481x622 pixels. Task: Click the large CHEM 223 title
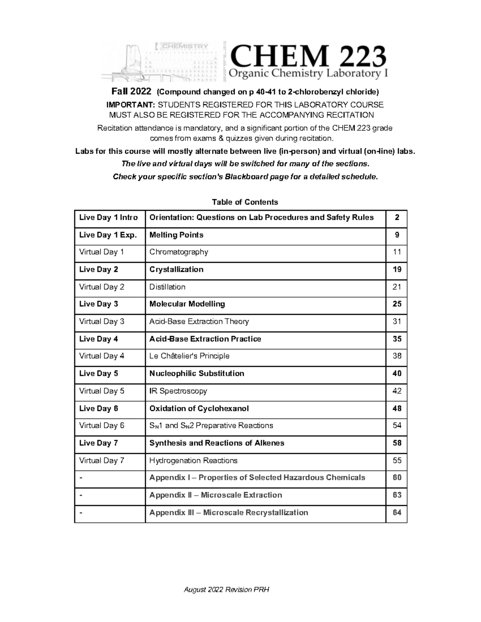click(307, 56)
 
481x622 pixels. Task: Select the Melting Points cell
click(176, 235)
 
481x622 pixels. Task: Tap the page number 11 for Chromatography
click(397, 252)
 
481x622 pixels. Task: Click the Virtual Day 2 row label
click(102, 287)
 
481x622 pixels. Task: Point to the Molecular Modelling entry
click(187, 304)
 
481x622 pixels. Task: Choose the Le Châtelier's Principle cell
click(189, 356)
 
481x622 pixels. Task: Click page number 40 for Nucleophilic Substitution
click(397, 374)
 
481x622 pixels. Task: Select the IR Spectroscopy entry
click(178, 391)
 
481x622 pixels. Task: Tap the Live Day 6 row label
click(99, 409)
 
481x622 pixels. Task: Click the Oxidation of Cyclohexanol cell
click(199, 409)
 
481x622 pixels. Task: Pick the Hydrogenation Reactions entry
click(193, 461)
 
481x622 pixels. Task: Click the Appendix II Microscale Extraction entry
click(216, 495)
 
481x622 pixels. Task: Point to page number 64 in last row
click(397, 513)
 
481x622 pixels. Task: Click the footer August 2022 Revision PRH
click(226, 590)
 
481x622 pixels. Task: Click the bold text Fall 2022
click(131, 92)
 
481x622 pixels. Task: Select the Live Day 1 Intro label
click(108, 217)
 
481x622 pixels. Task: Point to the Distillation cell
click(167, 287)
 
